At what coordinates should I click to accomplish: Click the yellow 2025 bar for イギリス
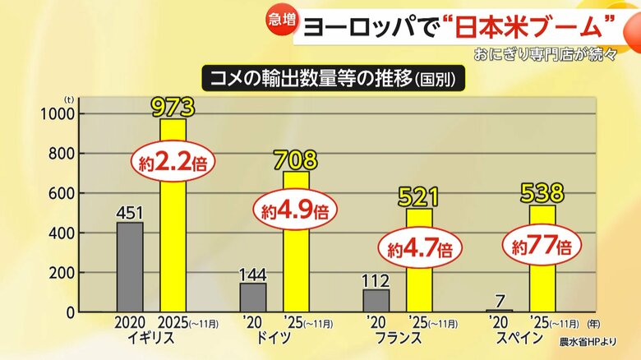pyautogui.click(x=173, y=215)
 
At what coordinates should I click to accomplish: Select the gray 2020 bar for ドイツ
pyautogui.click(x=253, y=298)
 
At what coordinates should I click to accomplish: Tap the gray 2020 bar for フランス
pyautogui.click(x=376, y=301)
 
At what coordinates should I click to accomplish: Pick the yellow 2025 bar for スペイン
pyautogui.click(x=542, y=259)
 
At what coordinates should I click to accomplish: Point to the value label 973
pyautogui.click(x=173, y=107)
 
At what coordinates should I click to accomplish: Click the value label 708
pyautogui.click(x=296, y=160)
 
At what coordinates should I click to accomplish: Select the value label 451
pyautogui.click(x=130, y=213)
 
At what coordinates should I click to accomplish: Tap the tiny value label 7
pyautogui.click(x=499, y=302)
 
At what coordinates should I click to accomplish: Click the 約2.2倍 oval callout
pyautogui.click(x=173, y=164)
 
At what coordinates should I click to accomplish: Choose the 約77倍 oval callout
pyautogui.click(x=542, y=247)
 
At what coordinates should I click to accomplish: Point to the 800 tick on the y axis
pyautogui.click(x=62, y=154)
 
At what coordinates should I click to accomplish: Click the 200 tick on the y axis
pyautogui.click(x=62, y=273)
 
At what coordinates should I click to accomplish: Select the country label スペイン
pyautogui.click(x=519, y=339)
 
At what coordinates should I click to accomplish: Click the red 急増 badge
pyautogui.click(x=282, y=21)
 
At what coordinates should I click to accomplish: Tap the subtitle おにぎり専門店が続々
pyautogui.click(x=545, y=54)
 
